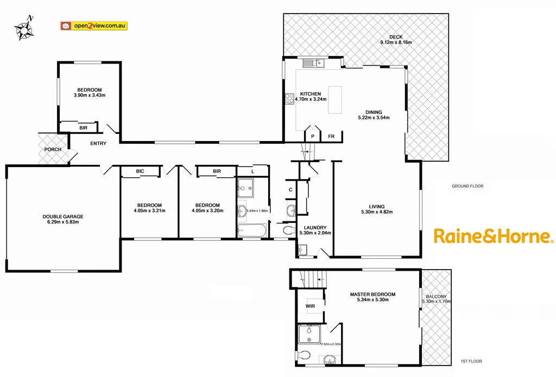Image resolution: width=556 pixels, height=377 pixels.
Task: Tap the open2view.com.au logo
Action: coord(93,25)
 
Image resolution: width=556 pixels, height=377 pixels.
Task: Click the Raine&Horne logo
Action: coord(493,236)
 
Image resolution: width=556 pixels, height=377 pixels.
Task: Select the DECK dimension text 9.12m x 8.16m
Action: coord(396,42)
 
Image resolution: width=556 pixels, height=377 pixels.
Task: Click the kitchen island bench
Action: coord(336,100)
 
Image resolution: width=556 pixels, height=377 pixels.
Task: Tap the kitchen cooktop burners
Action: coord(289,99)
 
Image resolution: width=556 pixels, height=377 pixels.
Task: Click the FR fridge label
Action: coord(331,137)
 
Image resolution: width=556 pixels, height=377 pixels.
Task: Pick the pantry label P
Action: coord(312,137)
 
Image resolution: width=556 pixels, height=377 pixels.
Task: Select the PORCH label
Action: coord(53,150)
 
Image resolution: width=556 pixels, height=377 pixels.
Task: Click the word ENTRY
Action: coord(98,143)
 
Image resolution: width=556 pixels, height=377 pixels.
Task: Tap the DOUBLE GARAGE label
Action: coord(63,216)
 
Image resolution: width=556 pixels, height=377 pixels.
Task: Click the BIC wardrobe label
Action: coord(140,171)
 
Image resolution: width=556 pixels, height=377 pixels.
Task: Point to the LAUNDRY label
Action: coord(315,227)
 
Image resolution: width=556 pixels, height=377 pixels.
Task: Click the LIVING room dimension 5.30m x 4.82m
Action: coord(376,212)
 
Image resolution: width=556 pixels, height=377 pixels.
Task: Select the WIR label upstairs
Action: coord(311,306)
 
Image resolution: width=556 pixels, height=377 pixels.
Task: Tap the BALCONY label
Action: coord(436,296)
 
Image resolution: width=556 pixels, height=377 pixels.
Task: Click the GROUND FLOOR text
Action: coord(467,186)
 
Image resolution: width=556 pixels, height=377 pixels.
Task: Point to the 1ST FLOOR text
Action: coord(471,361)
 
